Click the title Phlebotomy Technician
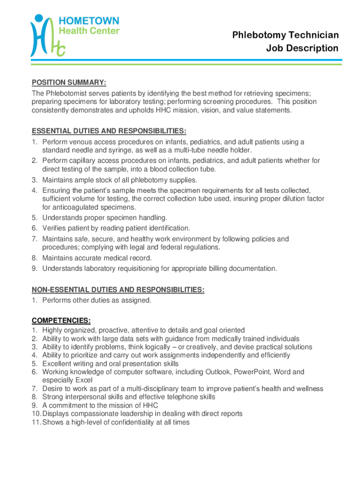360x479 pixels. tap(292, 35)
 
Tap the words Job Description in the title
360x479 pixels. tap(302, 48)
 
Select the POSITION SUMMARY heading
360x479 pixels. tap(69, 83)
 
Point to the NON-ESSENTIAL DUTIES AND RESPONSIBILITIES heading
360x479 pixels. tap(118, 290)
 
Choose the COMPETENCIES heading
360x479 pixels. tap(61, 320)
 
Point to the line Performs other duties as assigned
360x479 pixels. tap(97, 300)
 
